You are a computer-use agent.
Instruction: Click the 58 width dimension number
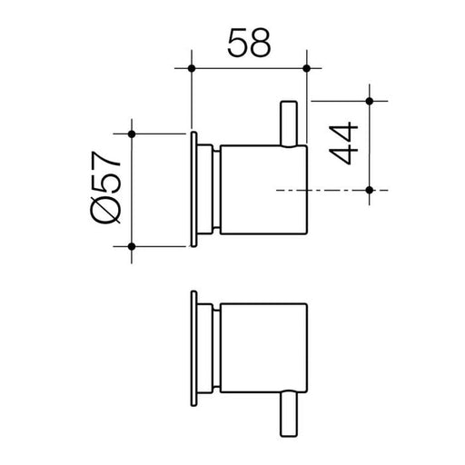point(247,43)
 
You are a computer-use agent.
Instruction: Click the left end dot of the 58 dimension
point(192,68)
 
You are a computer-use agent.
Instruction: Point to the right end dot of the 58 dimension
point(306,68)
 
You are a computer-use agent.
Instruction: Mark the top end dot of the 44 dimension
point(371,99)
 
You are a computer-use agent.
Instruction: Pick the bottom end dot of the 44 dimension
point(371,190)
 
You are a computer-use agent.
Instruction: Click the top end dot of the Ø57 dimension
point(134,134)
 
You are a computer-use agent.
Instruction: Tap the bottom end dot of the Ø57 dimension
point(134,245)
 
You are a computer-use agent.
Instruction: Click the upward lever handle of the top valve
point(292,123)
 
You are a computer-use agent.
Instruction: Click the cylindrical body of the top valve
point(263,190)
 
